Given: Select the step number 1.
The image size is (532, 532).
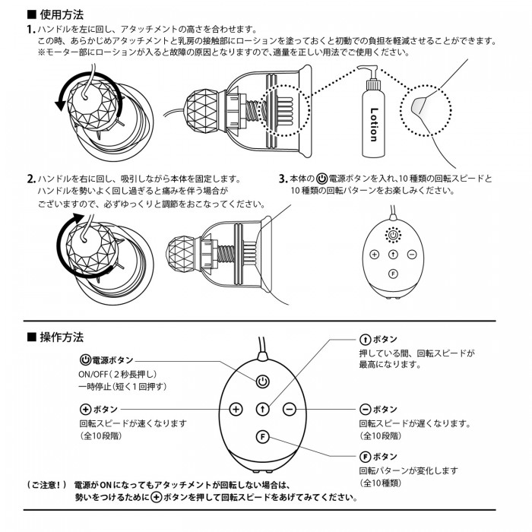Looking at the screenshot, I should [x=30, y=29].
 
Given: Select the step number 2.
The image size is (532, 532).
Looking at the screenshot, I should [x=30, y=179].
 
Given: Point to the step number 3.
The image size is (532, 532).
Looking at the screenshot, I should [x=282, y=179].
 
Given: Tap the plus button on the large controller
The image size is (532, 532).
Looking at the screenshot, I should [x=236, y=409].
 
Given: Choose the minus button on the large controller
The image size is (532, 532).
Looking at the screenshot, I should [x=289, y=409].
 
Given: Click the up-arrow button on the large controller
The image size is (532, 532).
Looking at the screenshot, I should [x=262, y=409].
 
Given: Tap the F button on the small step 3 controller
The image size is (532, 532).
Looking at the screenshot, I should [x=393, y=272].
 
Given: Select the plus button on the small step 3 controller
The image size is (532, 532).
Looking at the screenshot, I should [x=375, y=255].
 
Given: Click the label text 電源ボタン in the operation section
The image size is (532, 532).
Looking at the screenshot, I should [x=112, y=359].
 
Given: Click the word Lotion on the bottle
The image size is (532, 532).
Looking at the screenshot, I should [x=372, y=123].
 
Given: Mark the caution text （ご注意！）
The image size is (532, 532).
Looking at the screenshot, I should [x=46, y=484].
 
